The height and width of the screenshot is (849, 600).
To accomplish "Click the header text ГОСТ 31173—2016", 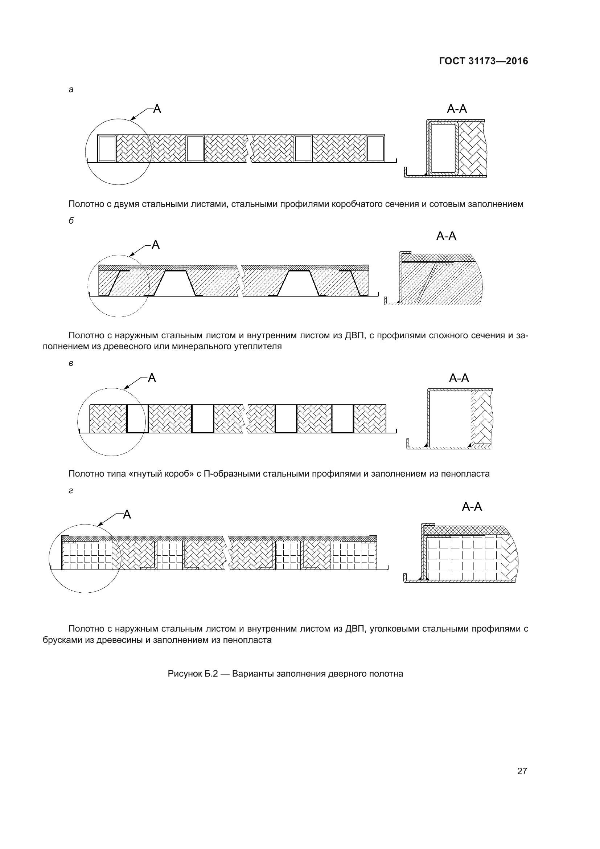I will (x=483, y=61).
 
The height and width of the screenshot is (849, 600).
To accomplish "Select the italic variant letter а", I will (x=71, y=90).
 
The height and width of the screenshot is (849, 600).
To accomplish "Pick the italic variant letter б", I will (x=71, y=220).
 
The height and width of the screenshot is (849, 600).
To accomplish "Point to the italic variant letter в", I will (x=71, y=363).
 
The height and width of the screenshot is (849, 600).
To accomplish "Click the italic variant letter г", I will (x=71, y=491).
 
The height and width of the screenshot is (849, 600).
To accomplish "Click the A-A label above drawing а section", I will (x=457, y=109).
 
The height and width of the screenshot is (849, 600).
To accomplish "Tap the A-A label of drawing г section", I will (x=472, y=507).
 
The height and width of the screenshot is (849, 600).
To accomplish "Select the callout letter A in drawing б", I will (x=156, y=245).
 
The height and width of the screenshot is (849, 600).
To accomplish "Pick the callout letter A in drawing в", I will (x=152, y=378).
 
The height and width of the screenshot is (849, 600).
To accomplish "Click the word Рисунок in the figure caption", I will (x=184, y=674).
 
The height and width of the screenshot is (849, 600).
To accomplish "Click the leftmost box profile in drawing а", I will (x=107, y=149).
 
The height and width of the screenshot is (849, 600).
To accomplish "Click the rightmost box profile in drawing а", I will (x=375, y=149).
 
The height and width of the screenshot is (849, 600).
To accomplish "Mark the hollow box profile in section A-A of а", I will (x=443, y=148).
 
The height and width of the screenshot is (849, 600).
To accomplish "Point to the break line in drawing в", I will (x=245, y=419).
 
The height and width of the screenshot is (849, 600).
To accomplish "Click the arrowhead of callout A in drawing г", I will (x=99, y=525).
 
